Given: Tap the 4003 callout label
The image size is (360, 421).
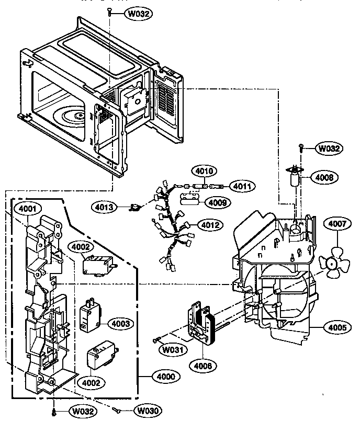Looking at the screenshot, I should coord(120,324).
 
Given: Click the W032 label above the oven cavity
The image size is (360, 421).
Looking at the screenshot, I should coord(135,14).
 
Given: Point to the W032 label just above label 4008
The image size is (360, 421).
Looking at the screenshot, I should coord(329,149).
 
